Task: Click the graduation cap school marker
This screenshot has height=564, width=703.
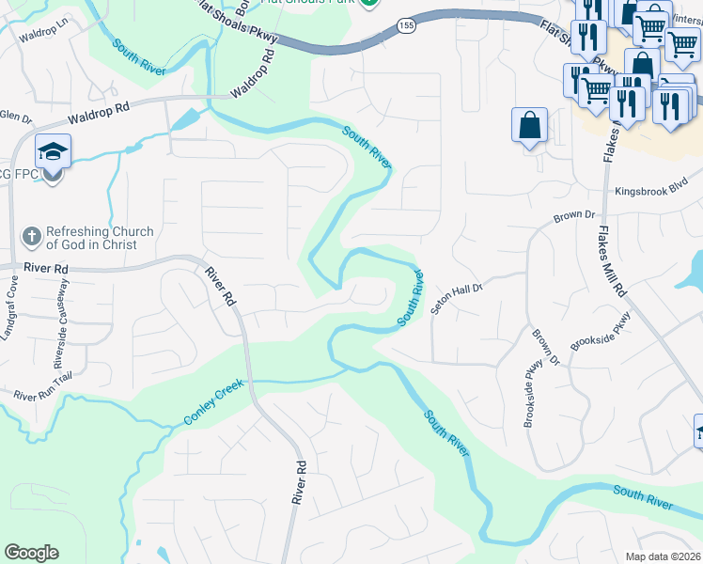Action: (x=52, y=151)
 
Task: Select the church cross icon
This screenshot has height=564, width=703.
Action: (x=31, y=238)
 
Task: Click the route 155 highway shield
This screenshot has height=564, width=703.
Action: (x=405, y=26)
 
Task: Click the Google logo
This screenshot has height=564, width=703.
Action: (x=31, y=553)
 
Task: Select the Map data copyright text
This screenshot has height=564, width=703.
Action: (x=663, y=556)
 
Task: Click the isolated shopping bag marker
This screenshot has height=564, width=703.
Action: (x=529, y=126)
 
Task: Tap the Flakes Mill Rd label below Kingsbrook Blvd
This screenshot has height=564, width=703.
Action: (x=612, y=262)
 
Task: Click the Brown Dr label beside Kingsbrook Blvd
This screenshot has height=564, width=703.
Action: (x=574, y=217)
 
